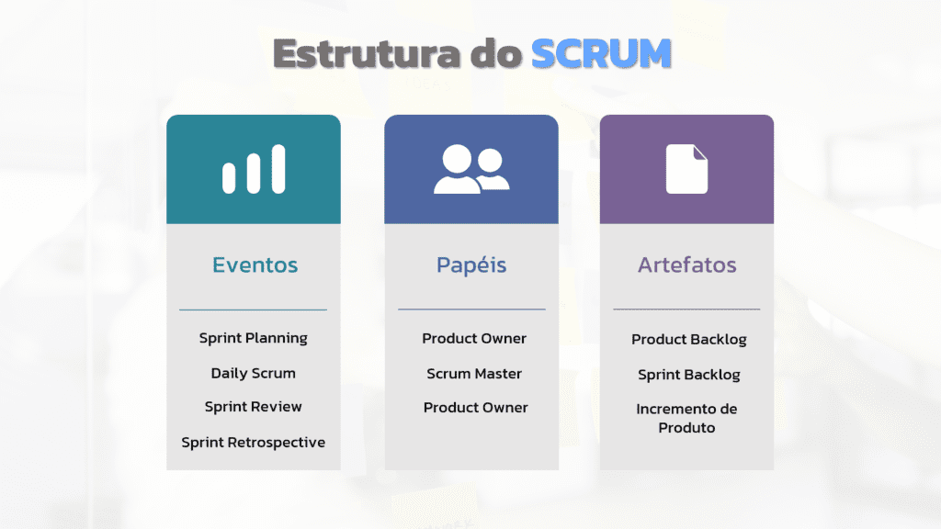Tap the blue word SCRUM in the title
click(x=601, y=54)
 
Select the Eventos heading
click(x=255, y=265)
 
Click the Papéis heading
click(x=470, y=265)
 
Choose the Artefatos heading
click(x=686, y=265)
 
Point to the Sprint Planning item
click(x=253, y=338)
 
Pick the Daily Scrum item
click(x=253, y=373)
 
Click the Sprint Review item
click(x=253, y=407)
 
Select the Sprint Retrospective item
click(x=253, y=442)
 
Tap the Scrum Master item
click(x=474, y=374)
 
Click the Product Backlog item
click(x=688, y=340)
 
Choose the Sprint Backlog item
click(x=688, y=375)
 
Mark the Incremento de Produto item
click(x=686, y=418)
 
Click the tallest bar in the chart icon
click(x=278, y=169)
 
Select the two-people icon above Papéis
click(x=470, y=170)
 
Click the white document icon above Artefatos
click(x=686, y=169)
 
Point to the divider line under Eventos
click(x=253, y=310)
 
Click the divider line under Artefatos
click(x=686, y=310)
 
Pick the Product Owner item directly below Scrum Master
click(x=475, y=408)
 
